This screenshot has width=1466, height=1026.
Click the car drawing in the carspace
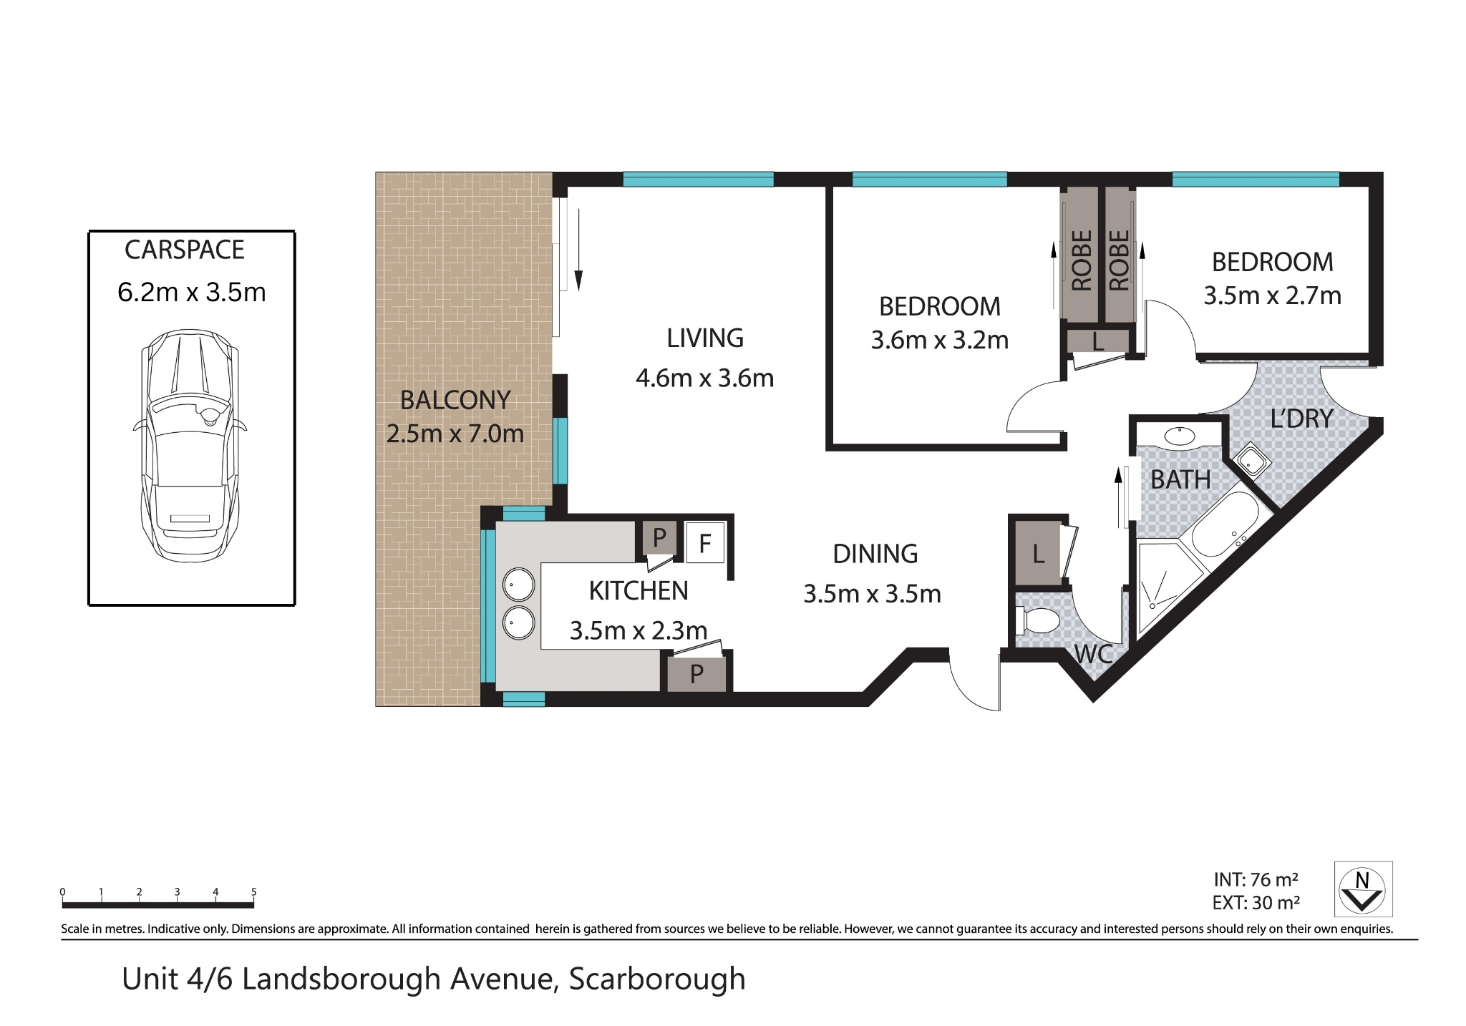(x=190, y=445)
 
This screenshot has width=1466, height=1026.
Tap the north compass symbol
(x=1363, y=889)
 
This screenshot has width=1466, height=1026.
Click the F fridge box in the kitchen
(x=705, y=543)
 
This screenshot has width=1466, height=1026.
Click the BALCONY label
(x=455, y=400)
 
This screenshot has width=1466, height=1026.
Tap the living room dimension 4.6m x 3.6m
(x=704, y=378)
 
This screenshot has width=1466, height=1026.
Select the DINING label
(x=875, y=554)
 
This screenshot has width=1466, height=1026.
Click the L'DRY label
(x=1301, y=419)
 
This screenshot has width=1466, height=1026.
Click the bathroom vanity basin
(x=1180, y=436)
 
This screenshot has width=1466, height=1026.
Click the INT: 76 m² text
(x=1256, y=879)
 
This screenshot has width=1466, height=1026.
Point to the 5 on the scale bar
(x=253, y=892)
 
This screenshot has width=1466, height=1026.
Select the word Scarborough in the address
(x=657, y=979)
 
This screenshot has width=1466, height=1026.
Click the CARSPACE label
(x=185, y=250)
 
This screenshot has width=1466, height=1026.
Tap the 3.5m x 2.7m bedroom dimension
(x=1272, y=295)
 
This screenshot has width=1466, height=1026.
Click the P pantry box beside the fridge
(x=659, y=537)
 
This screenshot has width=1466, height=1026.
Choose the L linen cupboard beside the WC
(x=1038, y=553)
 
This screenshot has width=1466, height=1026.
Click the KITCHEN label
(x=639, y=591)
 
